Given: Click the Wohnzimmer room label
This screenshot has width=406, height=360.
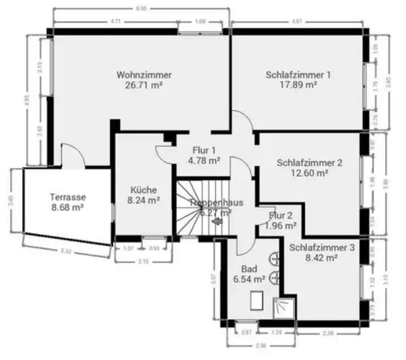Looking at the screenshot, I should [144, 75].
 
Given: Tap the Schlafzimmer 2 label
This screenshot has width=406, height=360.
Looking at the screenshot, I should [310, 163].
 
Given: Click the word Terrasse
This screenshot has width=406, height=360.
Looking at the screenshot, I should [67, 197].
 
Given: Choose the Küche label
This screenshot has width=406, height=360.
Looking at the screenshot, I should [143, 190].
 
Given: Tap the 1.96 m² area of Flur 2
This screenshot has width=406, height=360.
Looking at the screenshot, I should [281, 226].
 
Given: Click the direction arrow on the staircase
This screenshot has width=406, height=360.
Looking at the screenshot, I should [217, 221].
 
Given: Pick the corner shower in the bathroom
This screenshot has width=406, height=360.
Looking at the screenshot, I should [284, 308].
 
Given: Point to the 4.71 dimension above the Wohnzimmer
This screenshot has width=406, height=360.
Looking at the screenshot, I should [115, 21].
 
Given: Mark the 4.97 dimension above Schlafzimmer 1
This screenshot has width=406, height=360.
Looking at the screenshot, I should [297, 21].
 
